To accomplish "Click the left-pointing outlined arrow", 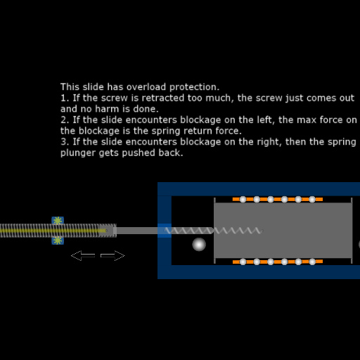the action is (83, 255).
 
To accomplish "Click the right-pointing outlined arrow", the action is (112, 255).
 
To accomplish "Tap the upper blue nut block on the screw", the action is (58, 220).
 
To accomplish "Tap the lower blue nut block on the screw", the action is (58, 240).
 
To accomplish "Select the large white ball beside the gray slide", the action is (199, 245).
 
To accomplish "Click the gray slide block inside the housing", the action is (283, 231).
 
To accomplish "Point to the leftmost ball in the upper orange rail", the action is (243, 199).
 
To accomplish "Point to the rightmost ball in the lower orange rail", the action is (312, 262).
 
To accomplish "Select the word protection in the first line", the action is (194, 88).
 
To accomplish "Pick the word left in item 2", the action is (266, 120).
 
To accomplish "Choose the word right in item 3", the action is (269, 143).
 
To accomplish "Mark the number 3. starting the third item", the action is (65, 142).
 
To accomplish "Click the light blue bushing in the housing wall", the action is (165, 231).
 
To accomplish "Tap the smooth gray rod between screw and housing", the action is (137, 231).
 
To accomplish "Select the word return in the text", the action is (198, 131).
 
